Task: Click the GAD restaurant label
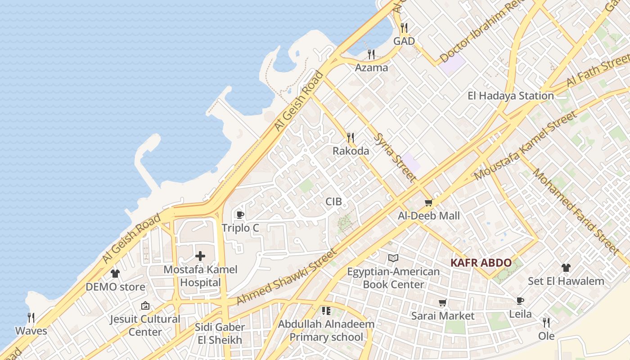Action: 404,41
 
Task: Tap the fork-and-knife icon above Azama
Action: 371,54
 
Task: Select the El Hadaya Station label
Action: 510,96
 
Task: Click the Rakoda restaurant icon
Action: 351,138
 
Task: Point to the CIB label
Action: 333,202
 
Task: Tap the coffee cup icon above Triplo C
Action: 240,215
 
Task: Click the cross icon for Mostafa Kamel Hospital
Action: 200,256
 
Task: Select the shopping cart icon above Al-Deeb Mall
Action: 428,203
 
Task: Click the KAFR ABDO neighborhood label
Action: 481,263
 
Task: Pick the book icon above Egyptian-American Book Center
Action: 393,258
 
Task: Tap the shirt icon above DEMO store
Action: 115,273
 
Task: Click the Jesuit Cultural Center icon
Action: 145,306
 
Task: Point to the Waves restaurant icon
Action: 31,318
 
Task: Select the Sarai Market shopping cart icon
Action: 442,303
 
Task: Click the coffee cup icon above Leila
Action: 520,301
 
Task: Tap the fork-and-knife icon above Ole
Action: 546,323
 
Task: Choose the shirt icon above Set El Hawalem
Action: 566,268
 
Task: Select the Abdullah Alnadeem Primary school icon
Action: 326,310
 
